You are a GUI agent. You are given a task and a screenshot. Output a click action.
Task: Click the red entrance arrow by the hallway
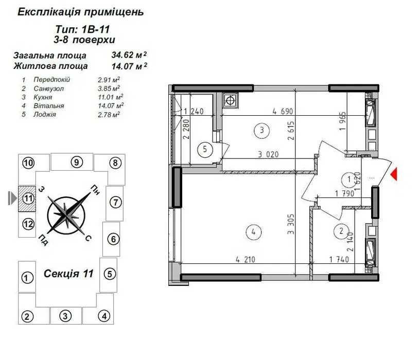click(394, 174)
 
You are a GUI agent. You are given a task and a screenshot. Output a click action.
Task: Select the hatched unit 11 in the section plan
click(27, 199)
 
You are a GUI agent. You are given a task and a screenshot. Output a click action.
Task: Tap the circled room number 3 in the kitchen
click(261, 130)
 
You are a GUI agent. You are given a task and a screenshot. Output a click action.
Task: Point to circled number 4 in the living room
click(253, 232)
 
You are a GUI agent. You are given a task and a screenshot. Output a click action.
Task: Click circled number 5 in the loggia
click(205, 149)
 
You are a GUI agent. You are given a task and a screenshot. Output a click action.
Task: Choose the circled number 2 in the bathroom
click(341, 230)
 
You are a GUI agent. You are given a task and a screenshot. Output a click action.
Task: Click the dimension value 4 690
click(283, 111)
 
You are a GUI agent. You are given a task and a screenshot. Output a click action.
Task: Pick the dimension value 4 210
click(246, 259)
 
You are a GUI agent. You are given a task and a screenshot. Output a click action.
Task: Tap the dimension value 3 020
click(268, 154)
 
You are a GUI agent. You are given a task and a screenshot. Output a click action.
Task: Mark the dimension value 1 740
click(339, 259)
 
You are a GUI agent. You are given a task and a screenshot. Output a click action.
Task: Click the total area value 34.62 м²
click(129, 55)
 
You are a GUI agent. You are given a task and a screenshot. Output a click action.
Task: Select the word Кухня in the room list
click(43, 97)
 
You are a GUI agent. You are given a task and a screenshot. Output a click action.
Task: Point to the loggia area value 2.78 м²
click(109, 115)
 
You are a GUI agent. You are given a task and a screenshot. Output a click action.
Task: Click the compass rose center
click(66, 214)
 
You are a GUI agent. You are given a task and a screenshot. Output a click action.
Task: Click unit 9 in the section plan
click(72, 162)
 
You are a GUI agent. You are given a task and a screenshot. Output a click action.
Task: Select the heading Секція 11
click(68, 274)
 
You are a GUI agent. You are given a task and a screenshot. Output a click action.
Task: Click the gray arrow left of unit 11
click(12, 198)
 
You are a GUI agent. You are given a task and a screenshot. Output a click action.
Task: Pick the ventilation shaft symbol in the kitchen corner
click(230, 101)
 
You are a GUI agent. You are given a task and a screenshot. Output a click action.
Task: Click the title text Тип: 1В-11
click(82, 29)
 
